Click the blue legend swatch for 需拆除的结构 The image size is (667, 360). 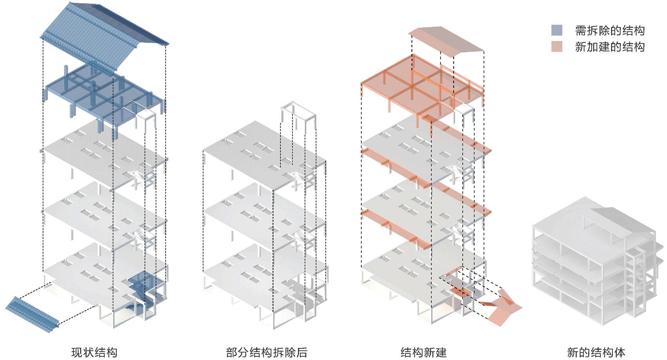(556, 30)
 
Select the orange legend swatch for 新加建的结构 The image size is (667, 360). (556, 47)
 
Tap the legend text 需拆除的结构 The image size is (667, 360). (610, 31)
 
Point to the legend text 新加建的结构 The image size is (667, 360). (610, 47)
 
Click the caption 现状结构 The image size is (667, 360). (94, 352)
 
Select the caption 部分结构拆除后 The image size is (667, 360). (266, 352)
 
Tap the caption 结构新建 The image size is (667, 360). (423, 352)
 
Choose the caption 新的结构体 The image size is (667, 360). (596, 352)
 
